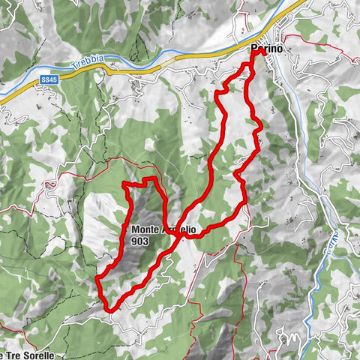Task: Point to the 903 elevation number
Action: (x=139, y=241)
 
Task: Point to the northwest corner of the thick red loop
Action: (x=124, y=184)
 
